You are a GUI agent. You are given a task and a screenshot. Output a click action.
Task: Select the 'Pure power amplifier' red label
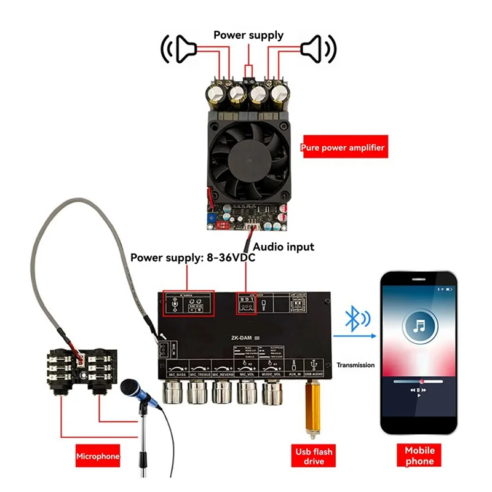pos(343,148)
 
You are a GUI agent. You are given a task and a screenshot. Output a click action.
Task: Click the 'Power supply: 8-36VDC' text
pos(192,258)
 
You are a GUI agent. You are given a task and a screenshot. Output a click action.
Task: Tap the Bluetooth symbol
pos(352,318)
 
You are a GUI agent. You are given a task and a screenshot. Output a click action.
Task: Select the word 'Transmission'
pos(355,365)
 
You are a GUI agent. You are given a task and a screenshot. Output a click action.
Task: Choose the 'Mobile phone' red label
pos(419,456)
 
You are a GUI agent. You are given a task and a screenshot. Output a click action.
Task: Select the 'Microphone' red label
pos(98,456)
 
